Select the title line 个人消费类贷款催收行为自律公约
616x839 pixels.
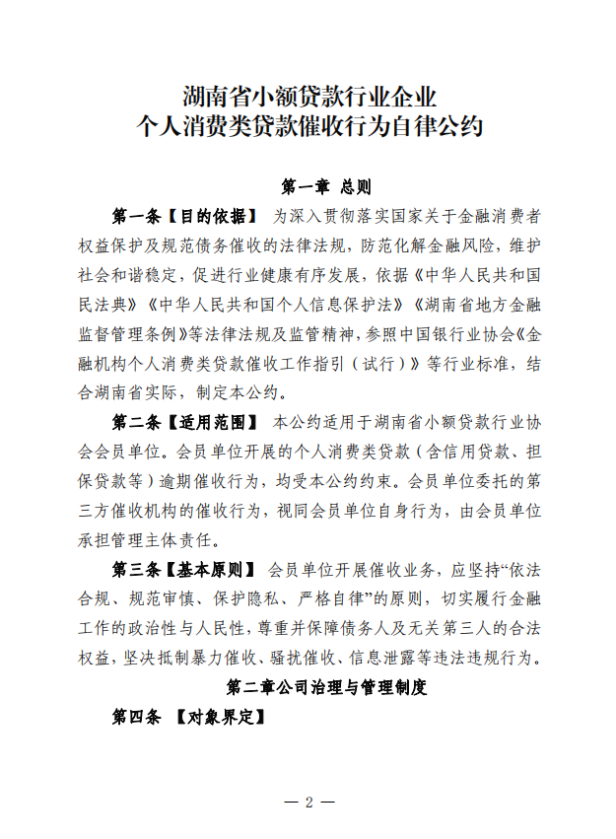308,128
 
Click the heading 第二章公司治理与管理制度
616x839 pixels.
326,688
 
